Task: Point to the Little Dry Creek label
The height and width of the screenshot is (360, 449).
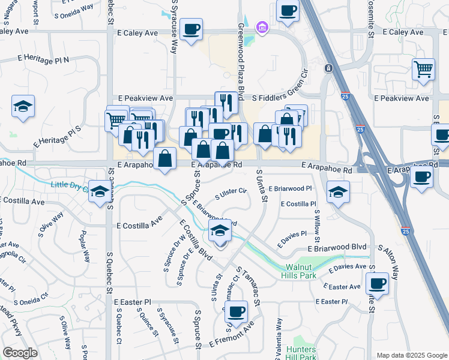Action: click(70, 185)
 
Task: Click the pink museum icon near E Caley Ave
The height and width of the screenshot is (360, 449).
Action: click(261, 27)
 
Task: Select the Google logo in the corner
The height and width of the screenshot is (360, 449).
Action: click(20, 353)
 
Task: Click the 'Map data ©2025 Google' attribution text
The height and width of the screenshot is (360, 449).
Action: click(411, 355)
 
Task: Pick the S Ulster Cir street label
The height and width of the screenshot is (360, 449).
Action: click(231, 194)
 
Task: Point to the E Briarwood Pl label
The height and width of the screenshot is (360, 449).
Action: click(291, 188)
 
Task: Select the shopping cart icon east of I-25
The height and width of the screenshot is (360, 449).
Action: click(424, 69)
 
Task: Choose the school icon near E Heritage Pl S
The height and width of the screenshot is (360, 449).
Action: click(23, 107)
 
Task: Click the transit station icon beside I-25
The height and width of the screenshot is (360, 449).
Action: click(328, 68)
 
